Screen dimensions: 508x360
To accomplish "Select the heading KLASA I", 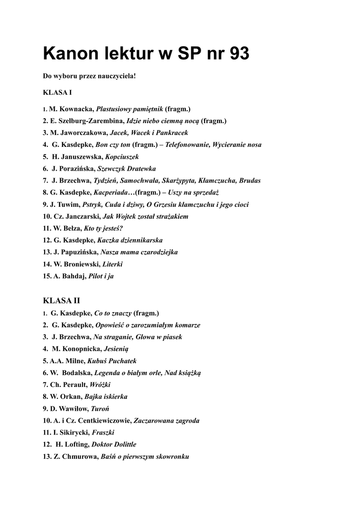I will pos(58,92).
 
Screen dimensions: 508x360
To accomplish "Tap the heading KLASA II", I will pos(62,301).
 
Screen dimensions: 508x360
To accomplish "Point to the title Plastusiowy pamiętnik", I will pos(130,109).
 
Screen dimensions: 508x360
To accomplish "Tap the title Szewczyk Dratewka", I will pos(127,169).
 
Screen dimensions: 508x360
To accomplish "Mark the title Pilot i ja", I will pos(101,276).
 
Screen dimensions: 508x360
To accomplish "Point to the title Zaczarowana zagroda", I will pos(167,421).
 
